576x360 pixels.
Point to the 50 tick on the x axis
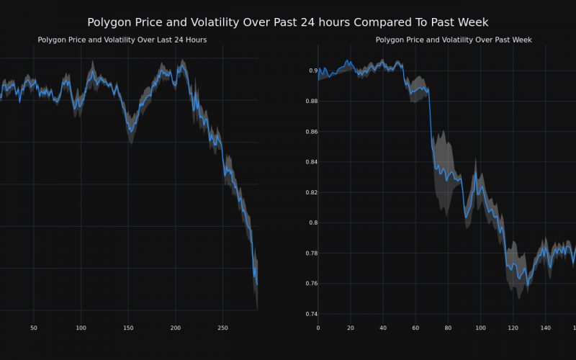click(x=34, y=328)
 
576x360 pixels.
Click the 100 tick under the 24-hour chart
click(x=81, y=328)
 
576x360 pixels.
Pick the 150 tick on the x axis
click(x=128, y=328)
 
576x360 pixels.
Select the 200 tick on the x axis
click(x=176, y=328)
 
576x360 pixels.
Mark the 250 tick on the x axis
click(x=222, y=328)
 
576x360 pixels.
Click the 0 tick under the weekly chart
click(x=318, y=328)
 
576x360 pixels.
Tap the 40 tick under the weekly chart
click(x=383, y=328)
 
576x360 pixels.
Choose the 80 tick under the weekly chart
click(x=448, y=328)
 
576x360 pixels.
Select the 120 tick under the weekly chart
click(x=513, y=328)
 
